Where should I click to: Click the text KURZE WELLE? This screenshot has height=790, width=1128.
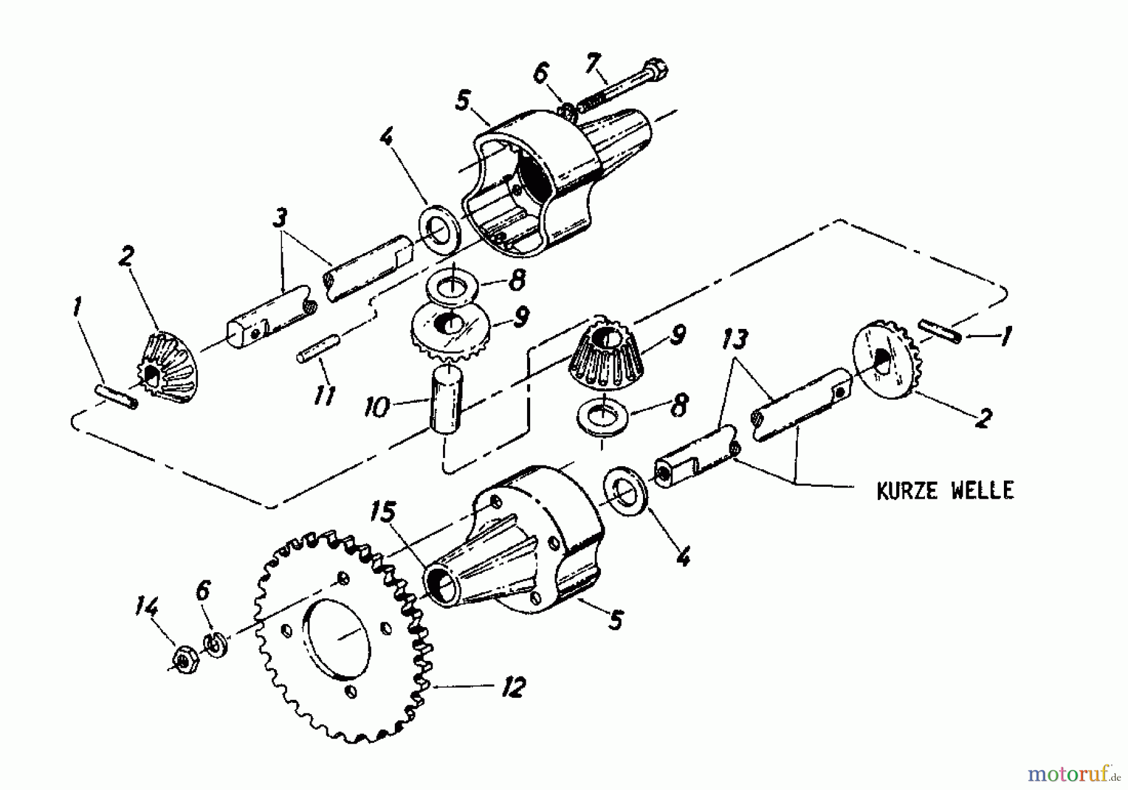(x=944, y=491)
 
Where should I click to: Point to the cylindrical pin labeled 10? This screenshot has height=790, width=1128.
(x=446, y=398)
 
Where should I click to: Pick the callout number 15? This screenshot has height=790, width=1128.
(x=383, y=512)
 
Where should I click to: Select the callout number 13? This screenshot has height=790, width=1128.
(x=734, y=340)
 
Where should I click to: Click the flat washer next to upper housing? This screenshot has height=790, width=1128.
(x=441, y=229)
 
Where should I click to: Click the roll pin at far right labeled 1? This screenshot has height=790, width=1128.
(x=939, y=331)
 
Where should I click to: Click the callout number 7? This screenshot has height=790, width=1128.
(x=593, y=63)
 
